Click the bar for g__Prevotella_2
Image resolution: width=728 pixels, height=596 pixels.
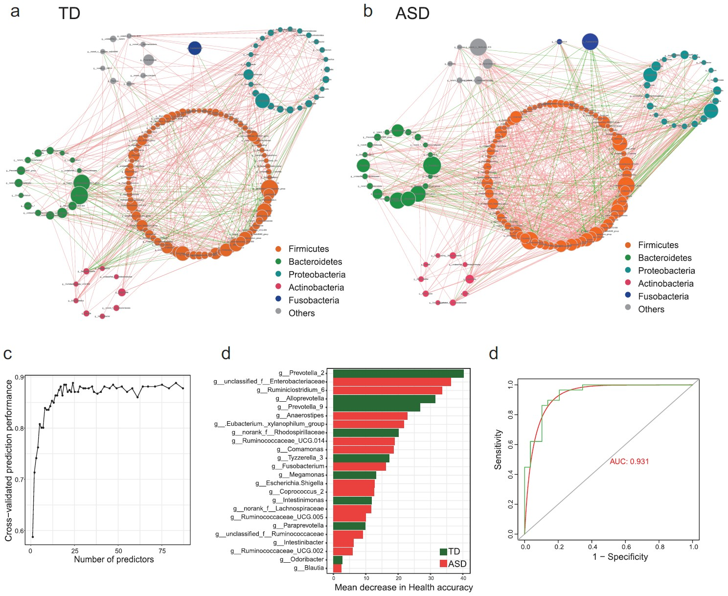[x=398, y=373]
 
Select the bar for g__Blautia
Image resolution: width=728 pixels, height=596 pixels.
[x=337, y=568]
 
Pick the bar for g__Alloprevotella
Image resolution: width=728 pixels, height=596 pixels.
[x=384, y=399]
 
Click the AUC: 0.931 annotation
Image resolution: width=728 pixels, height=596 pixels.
[x=629, y=461]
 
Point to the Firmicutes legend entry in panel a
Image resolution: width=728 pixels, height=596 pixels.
[x=308, y=249]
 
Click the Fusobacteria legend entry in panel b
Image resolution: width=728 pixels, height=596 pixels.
[x=663, y=297]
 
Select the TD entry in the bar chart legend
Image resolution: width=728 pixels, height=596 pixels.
[x=450, y=551]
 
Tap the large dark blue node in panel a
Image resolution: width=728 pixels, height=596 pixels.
[x=195, y=48]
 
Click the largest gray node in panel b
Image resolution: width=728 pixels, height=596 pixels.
[x=478, y=47]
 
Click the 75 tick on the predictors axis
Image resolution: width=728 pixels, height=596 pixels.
[x=162, y=550]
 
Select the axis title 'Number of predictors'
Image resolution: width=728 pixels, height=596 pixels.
[x=114, y=559]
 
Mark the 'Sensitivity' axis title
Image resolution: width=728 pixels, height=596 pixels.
[x=498, y=449]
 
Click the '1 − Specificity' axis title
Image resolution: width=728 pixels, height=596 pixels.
[x=620, y=557]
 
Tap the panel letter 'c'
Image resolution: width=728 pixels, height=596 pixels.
[x=8, y=353]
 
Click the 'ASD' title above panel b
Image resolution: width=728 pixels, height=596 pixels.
[x=412, y=13]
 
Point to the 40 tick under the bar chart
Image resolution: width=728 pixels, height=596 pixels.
[x=463, y=578]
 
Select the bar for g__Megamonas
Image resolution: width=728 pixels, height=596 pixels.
[x=355, y=475]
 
